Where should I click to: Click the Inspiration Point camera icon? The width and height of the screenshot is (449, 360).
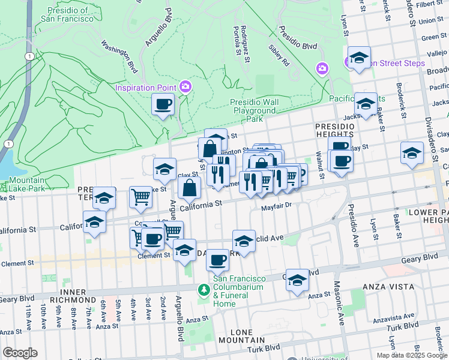[185, 88]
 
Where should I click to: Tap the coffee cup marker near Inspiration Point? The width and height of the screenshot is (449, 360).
[163, 105]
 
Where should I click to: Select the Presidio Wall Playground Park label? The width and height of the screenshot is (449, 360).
[255, 110]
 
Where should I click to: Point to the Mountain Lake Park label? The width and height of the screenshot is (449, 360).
[27, 184]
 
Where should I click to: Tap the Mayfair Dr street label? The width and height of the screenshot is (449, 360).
[276, 206]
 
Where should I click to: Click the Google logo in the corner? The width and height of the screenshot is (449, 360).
[20, 353]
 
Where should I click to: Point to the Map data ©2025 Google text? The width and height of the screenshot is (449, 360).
[412, 355]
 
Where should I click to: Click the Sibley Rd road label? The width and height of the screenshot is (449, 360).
[279, 55]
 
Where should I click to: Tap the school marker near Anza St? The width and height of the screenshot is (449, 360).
[297, 280]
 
